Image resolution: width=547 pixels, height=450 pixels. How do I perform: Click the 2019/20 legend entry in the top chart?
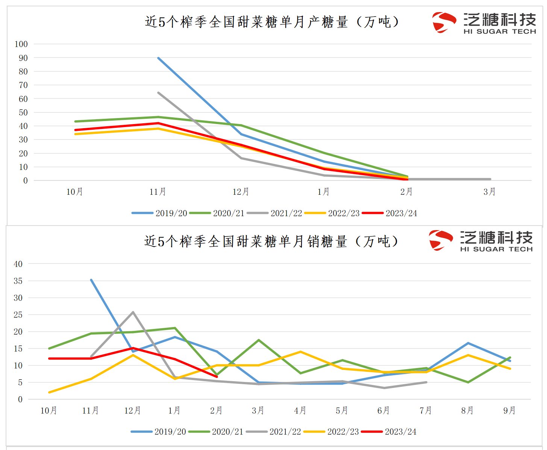[x=160, y=213]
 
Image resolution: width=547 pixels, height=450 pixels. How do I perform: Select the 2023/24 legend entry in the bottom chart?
[x=389, y=432]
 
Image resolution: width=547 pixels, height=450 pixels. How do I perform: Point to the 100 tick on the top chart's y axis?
[x=21, y=44]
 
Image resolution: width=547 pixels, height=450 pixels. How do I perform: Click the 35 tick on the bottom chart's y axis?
[x=18, y=281]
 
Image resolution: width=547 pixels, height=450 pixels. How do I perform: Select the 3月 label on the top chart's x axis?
[x=489, y=192]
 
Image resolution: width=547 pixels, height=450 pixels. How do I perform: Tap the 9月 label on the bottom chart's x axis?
[x=509, y=411]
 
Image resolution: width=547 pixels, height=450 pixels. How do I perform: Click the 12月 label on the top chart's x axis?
[x=241, y=192]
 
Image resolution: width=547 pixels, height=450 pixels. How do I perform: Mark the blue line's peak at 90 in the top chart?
[x=158, y=58]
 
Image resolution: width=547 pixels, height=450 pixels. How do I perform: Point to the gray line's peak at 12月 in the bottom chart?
[x=133, y=312]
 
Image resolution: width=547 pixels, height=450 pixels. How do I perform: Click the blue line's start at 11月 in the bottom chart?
[x=91, y=280]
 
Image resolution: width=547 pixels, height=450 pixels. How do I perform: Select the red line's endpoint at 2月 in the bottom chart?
[x=217, y=377]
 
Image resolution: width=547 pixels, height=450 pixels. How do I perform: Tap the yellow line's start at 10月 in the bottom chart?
[x=49, y=392]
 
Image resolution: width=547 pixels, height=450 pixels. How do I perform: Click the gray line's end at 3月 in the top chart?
[x=490, y=179]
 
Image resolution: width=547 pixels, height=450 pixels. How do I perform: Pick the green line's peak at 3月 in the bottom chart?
[x=259, y=340]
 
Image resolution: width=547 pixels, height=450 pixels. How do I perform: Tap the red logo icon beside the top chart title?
[x=444, y=22]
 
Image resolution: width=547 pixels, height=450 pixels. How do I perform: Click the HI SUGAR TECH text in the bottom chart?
[x=496, y=249]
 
